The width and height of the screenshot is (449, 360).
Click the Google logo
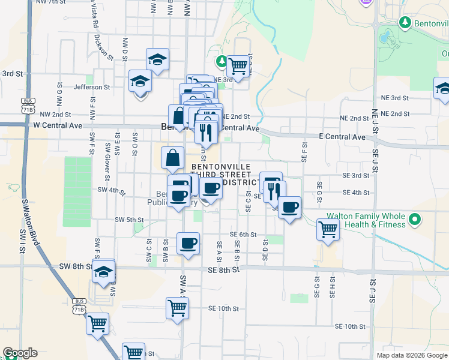coord(20,353)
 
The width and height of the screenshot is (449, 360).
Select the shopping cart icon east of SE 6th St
coord(328,229)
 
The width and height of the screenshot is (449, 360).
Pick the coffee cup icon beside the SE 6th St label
coord(188,244)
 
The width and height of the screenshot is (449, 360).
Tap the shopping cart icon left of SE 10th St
coord(178,308)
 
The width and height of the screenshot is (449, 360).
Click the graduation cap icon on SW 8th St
coord(103,272)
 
